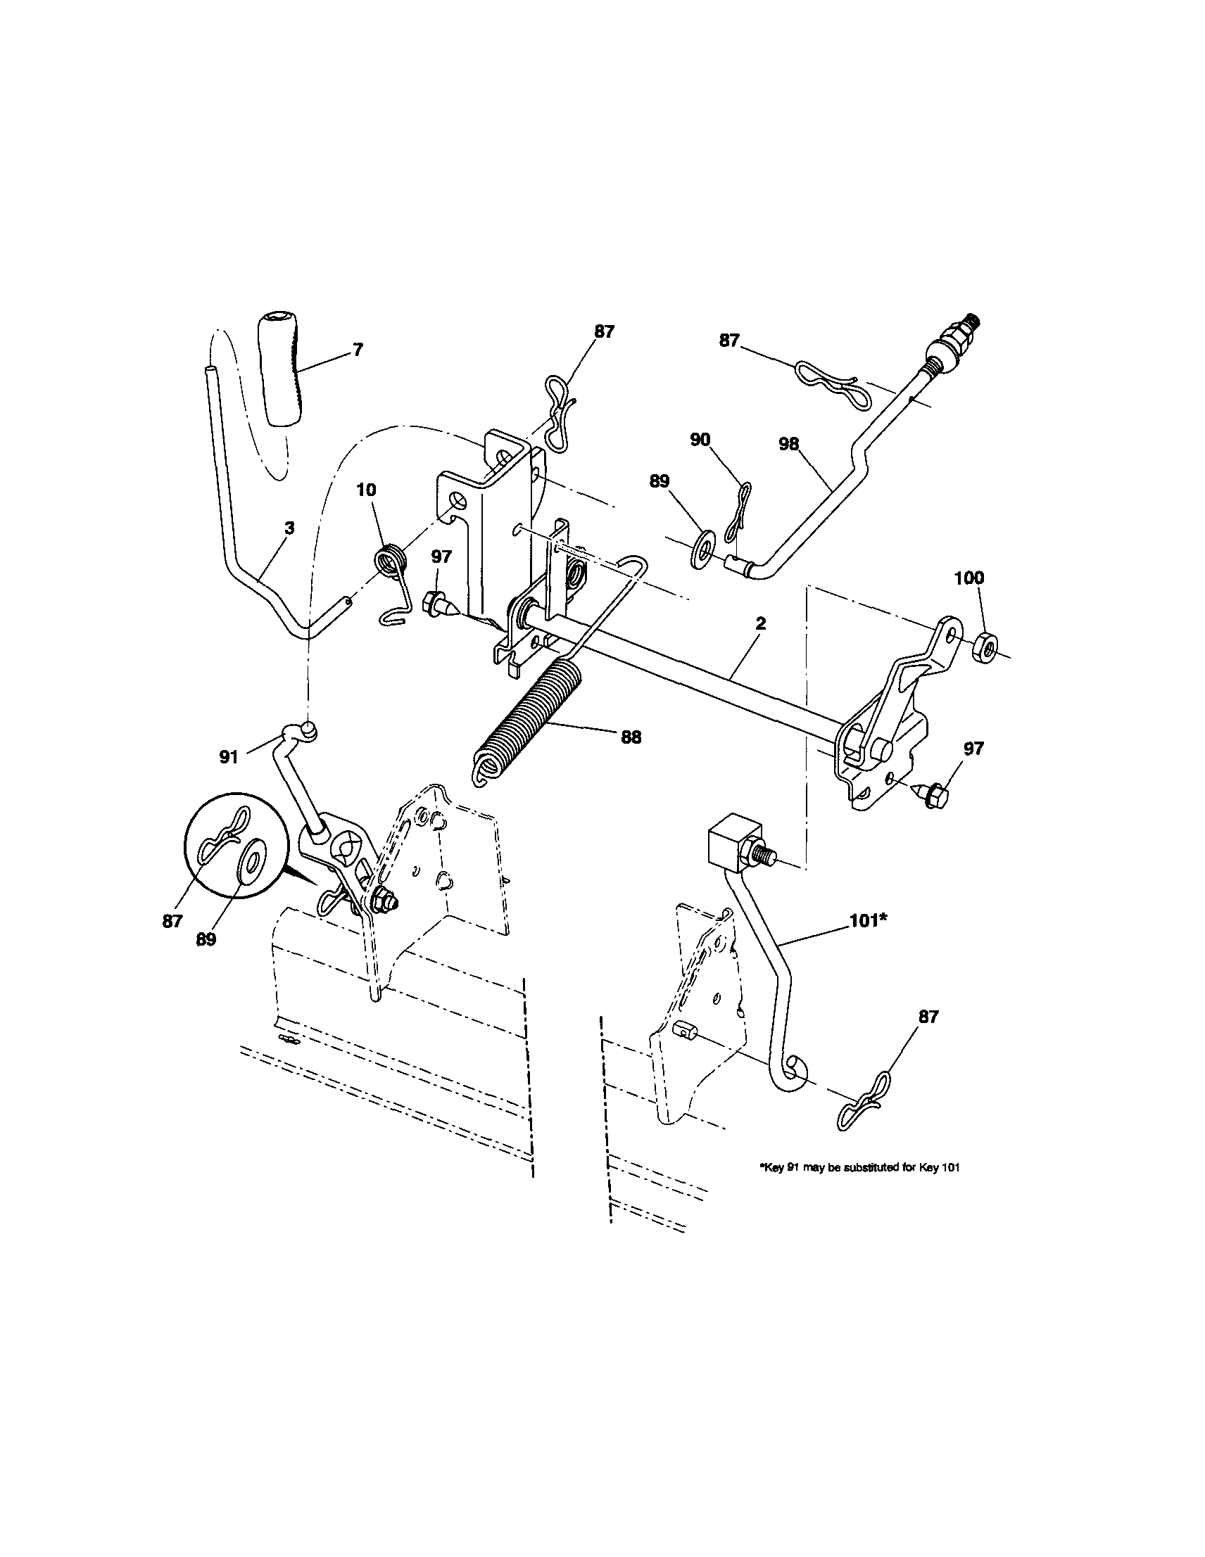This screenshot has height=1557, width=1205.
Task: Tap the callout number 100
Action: (x=969, y=578)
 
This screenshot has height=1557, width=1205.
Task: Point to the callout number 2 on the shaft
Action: (x=760, y=623)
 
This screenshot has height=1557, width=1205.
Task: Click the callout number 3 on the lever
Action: (x=289, y=528)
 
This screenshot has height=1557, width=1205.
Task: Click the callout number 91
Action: (x=228, y=757)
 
